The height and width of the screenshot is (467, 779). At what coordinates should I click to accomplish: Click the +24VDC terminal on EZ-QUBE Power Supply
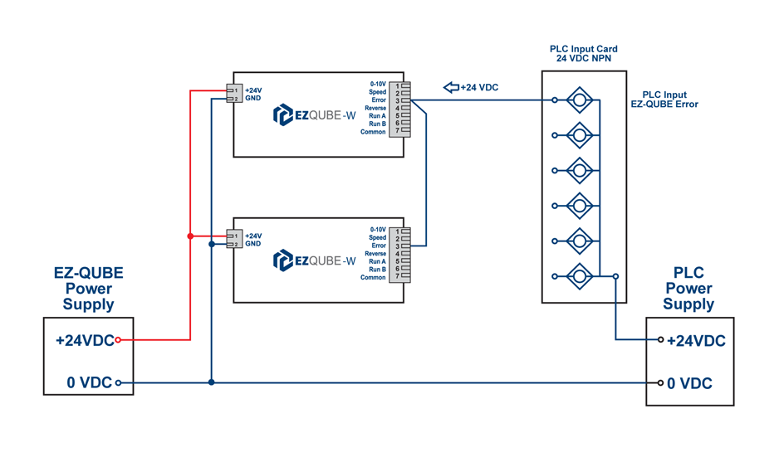(x=118, y=339)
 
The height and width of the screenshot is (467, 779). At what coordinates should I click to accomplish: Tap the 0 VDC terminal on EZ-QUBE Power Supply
(x=118, y=382)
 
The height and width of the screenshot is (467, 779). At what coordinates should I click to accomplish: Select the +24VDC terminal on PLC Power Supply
(x=661, y=339)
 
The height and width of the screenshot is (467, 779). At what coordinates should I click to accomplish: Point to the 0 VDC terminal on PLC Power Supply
(x=661, y=382)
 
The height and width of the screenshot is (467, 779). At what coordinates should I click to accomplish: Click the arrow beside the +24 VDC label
(x=451, y=87)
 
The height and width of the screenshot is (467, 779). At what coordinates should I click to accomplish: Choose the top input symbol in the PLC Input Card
(x=579, y=101)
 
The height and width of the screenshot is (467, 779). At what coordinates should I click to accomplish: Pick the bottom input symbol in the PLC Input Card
(x=579, y=275)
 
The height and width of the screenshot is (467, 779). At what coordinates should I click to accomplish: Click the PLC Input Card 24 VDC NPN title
(x=584, y=54)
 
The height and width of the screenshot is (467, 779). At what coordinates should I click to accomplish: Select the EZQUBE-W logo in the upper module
(x=315, y=115)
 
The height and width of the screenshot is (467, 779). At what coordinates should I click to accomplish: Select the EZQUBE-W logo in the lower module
(x=315, y=260)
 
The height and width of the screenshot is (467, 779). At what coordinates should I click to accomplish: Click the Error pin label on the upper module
(x=379, y=100)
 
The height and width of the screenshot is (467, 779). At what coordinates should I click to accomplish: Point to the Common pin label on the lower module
(x=373, y=278)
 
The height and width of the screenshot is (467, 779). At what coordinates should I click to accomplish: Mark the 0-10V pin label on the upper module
(x=378, y=84)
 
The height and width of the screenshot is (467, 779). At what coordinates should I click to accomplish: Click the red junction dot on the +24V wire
(x=190, y=236)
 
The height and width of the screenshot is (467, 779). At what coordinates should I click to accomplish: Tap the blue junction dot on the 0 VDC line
(x=212, y=382)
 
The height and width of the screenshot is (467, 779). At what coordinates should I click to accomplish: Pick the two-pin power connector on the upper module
(x=233, y=94)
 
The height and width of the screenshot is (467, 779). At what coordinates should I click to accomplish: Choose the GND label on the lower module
(x=252, y=244)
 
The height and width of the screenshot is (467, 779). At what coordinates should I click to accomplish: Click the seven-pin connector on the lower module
(x=400, y=254)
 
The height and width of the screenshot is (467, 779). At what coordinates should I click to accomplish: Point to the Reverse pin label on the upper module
(x=375, y=108)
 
